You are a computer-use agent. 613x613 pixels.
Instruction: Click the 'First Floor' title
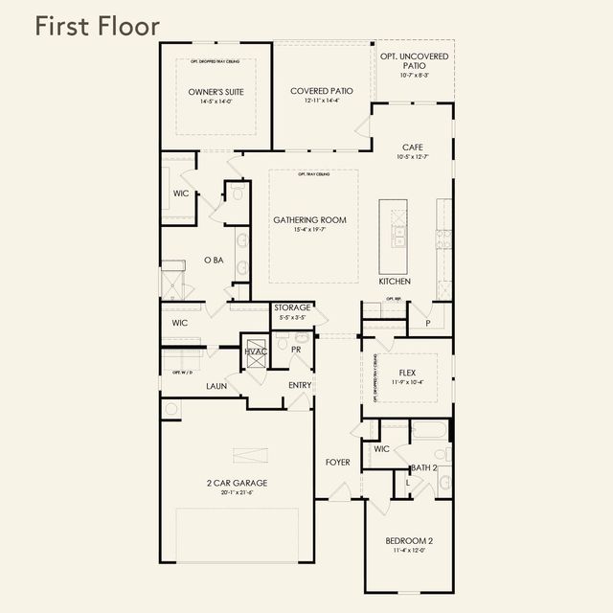(x=97, y=26)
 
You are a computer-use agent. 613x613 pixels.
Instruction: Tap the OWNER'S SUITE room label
(x=216, y=92)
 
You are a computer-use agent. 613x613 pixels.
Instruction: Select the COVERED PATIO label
(x=322, y=91)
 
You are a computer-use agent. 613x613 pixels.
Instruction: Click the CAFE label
(x=413, y=148)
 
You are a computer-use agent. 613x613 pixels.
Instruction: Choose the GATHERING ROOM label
(x=309, y=220)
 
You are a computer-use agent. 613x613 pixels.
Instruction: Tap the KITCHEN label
(x=394, y=282)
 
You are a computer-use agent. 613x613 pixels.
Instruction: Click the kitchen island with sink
(x=394, y=237)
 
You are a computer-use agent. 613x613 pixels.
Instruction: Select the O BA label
(x=214, y=260)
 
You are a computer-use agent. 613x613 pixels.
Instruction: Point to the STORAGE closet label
(x=292, y=308)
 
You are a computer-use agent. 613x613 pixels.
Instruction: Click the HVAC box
(x=255, y=352)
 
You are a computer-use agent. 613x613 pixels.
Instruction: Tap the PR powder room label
(x=297, y=351)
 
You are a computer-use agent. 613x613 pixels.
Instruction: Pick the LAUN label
(x=216, y=386)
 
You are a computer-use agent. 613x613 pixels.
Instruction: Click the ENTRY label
(x=300, y=385)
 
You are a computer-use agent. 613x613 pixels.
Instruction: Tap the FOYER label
(x=337, y=463)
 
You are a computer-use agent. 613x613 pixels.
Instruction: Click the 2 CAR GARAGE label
(x=237, y=483)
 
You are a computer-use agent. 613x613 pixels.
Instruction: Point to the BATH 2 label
(x=423, y=467)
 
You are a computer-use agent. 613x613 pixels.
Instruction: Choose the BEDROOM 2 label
(x=409, y=540)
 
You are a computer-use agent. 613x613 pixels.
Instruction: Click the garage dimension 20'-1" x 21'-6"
(x=237, y=493)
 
